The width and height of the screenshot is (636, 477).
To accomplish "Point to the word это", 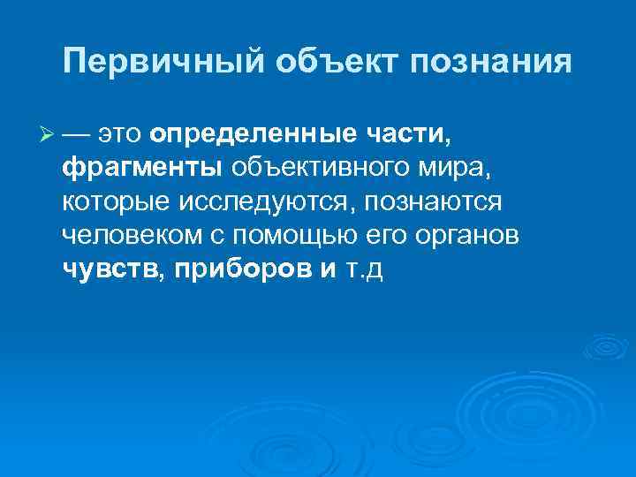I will click(121, 135).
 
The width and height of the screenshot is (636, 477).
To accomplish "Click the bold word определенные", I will click(250, 135).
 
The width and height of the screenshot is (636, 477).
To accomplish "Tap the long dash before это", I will click(76, 135).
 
